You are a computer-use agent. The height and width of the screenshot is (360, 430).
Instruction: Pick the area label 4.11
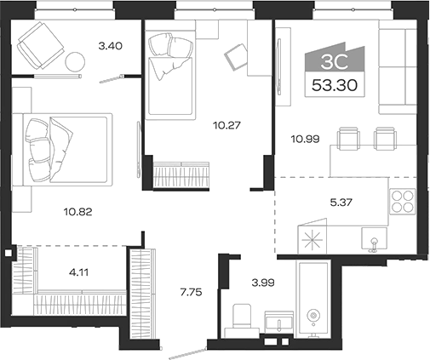coord(80,273)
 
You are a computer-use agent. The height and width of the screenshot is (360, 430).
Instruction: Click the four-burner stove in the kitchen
coord(400,202)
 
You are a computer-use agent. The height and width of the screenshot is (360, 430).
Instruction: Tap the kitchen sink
coord(373,241)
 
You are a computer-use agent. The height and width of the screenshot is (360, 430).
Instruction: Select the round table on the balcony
coord(76,62)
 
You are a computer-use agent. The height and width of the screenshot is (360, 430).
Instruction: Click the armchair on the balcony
coord(40,43)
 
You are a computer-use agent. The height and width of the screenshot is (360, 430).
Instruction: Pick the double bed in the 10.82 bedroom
coord(66,146)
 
